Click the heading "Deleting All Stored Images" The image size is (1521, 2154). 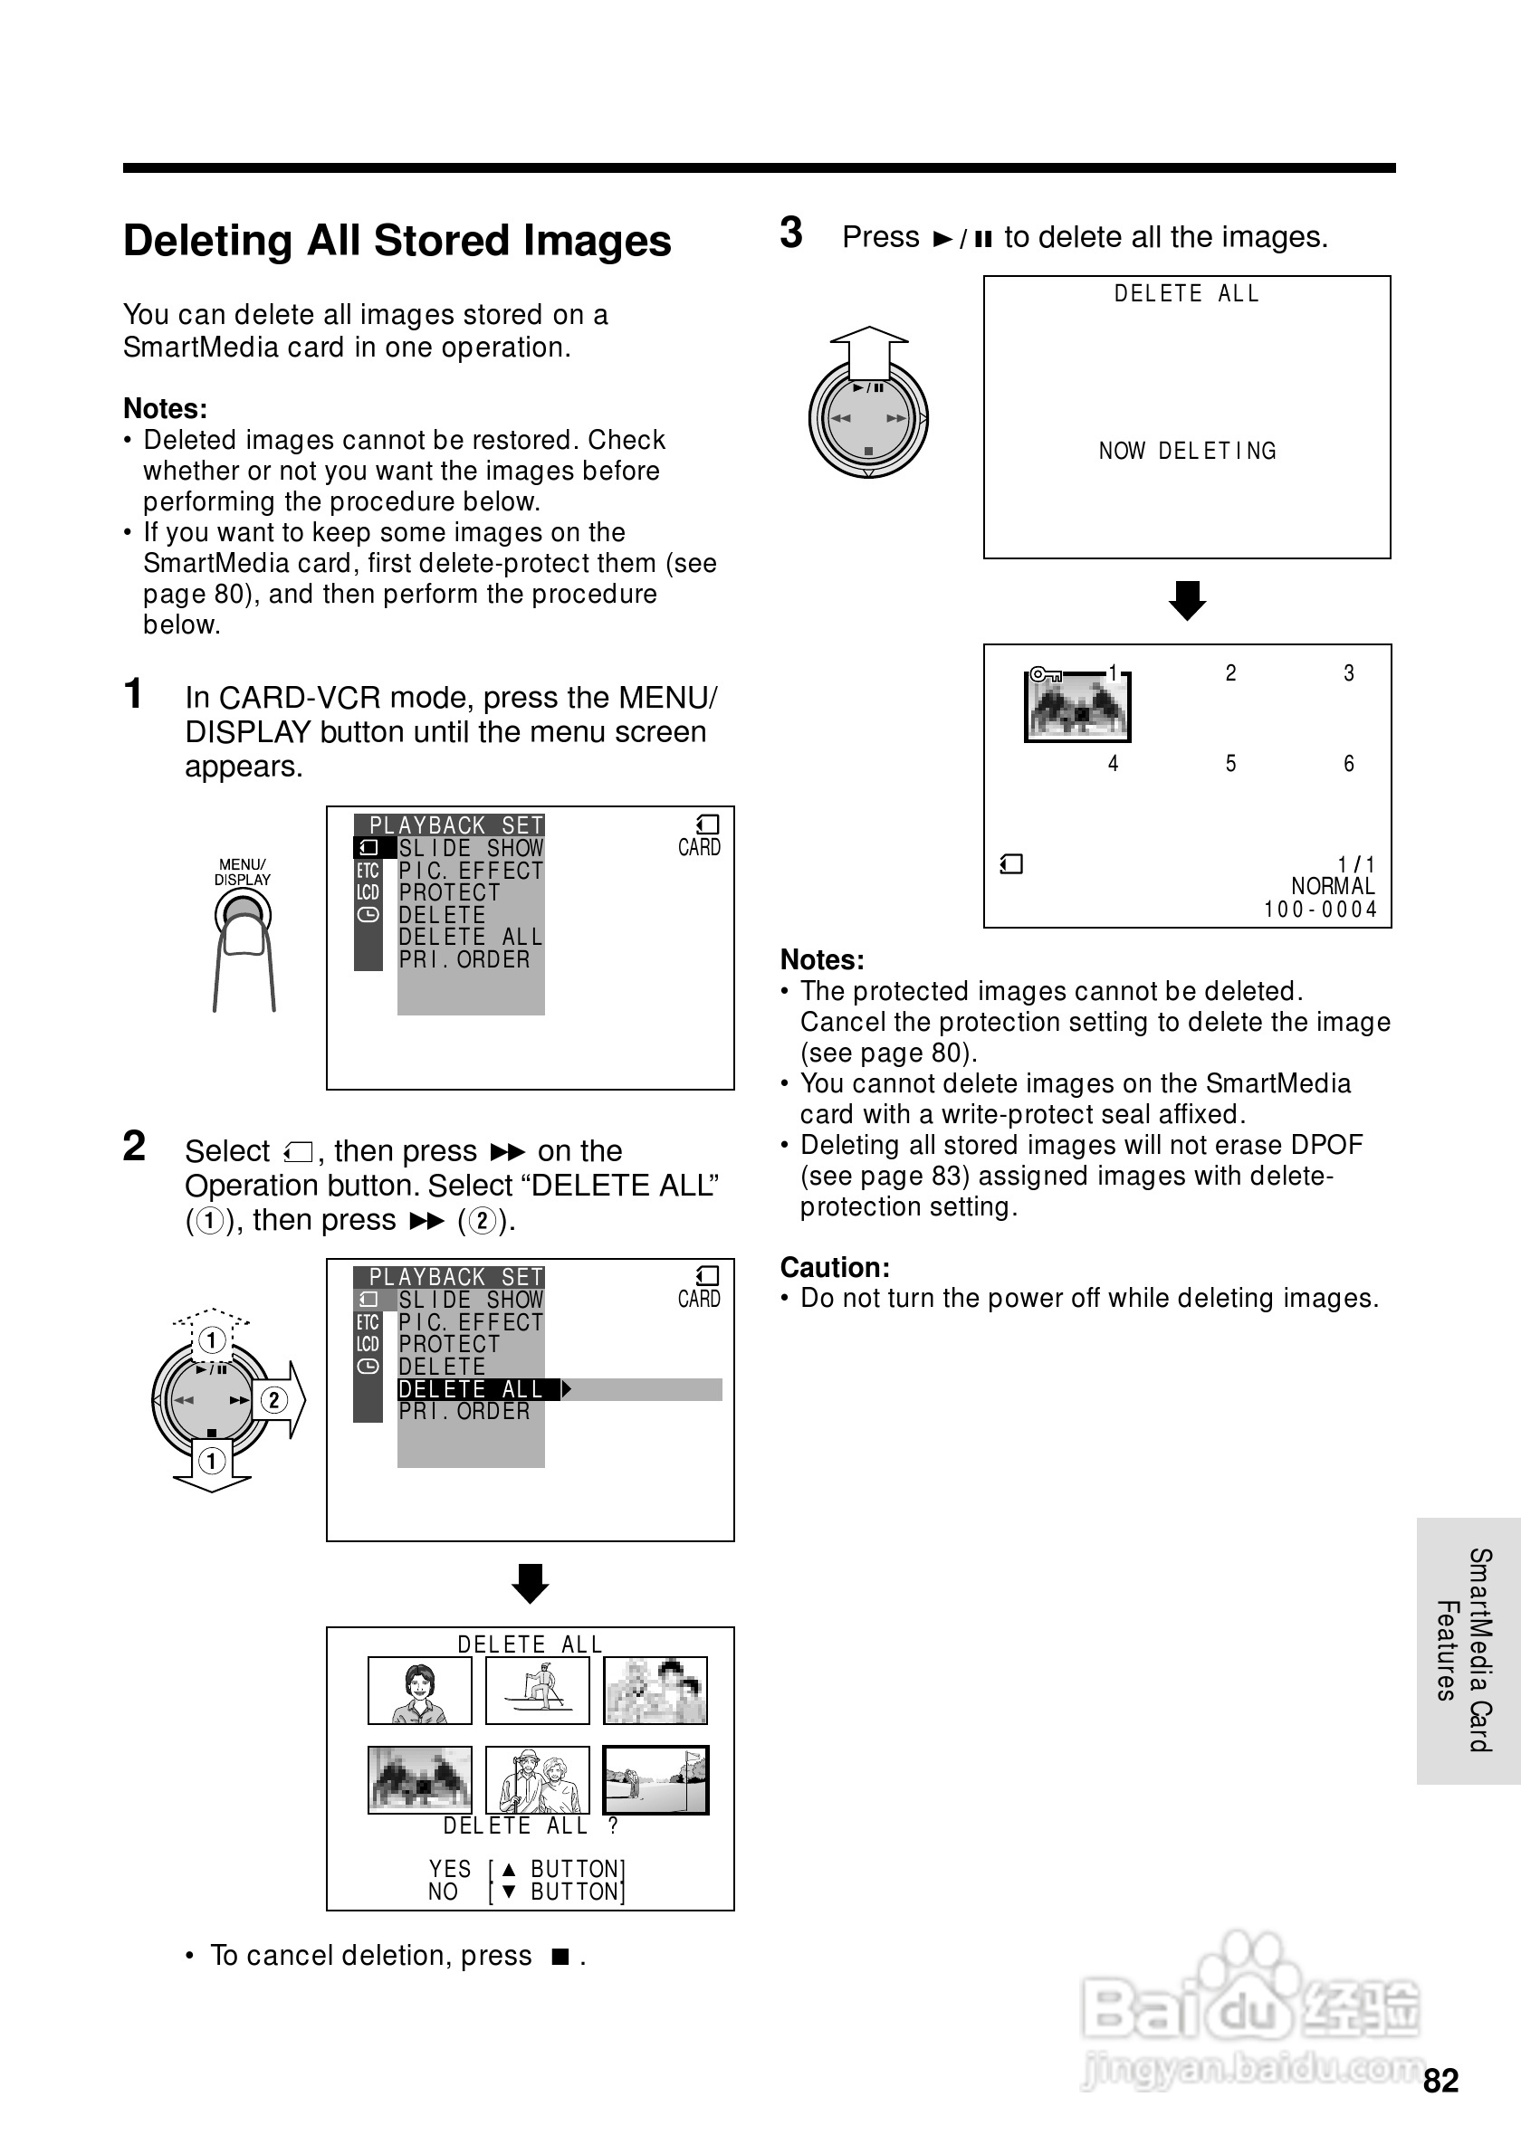pyautogui.click(x=397, y=240)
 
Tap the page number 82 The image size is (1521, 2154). pyautogui.click(x=1440, y=2081)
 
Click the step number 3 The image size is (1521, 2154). pyautogui.click(x=791, y=233)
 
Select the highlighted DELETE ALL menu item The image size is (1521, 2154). pyautogui.click(x=471, y=1388)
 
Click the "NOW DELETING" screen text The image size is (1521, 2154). pyautogui.click(x=1187, y=452)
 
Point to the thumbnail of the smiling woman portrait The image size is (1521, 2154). pyautogui.click(x=419, y=1691)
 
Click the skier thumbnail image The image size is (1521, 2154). pyautogui.click(x=537, y=1691)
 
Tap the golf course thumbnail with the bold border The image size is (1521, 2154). pyautogui.click(x=655, y=1779)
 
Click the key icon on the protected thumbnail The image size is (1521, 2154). pyautogui.click(x=1045, y=673)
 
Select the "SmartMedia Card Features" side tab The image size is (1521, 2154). pyautogui.click(x=1467, y=1650)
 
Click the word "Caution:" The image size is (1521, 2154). pyautogui.click(x=834, y=1267)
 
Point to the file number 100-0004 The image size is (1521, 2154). pyautogui.click(x=1320, y=909)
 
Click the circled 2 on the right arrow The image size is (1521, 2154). pyautogui.click(x=274, y=1401)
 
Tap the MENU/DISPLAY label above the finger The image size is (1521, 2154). pyautogui.click(x=242, y=872)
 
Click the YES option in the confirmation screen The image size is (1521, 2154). pyautogui.click(x=450, y=1869)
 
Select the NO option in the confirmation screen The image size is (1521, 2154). pyautogui.click(x=443, y=1892)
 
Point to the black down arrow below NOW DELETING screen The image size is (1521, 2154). pyautogui.click(x=1187, y=600)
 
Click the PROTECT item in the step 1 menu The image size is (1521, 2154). pyautogui.click(x=449, y=892)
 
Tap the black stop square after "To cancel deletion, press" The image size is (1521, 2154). pyautogui.click(x=560, y=1956)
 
